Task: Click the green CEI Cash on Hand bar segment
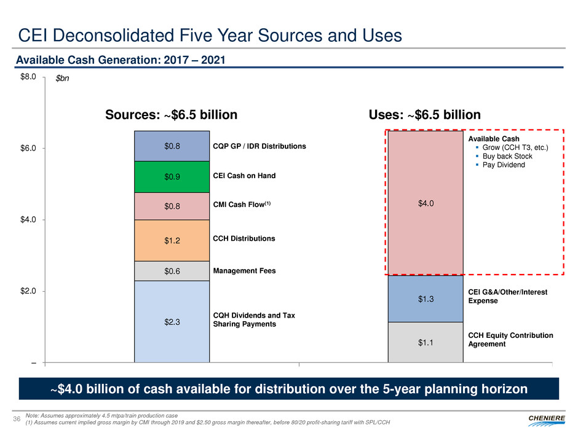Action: click(172, 177)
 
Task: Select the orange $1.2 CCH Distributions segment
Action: click(172, 240)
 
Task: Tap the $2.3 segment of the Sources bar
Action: click(172, 321)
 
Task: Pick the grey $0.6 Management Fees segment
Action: click(172, 271)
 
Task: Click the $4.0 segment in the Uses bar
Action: click(425, 203)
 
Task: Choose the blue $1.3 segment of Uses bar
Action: click(425, 298)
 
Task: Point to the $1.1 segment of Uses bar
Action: click(425, 342)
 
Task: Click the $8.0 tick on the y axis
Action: click(27, 77)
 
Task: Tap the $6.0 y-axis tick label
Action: click(27, 148)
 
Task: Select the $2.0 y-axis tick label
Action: click(27, 291)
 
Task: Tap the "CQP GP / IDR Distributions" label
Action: click(259, 146)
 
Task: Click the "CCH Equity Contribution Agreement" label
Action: click(511, 340)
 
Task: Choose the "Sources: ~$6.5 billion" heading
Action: click(172, 115)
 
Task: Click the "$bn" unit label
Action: click(62, 79)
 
